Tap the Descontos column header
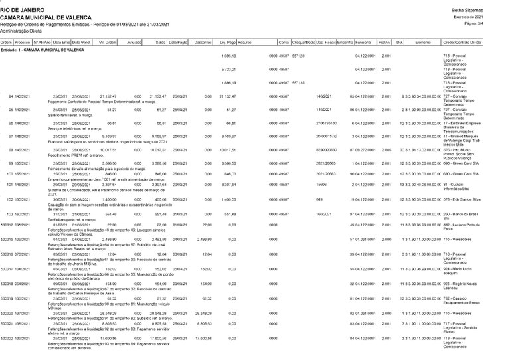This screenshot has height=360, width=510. coord(203,42)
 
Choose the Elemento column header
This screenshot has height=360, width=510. coord(424,42)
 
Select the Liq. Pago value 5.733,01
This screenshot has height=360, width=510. coord(229,69)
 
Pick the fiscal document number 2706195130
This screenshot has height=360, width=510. coord(328,123)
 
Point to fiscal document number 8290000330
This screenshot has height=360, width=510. coord(327,150)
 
